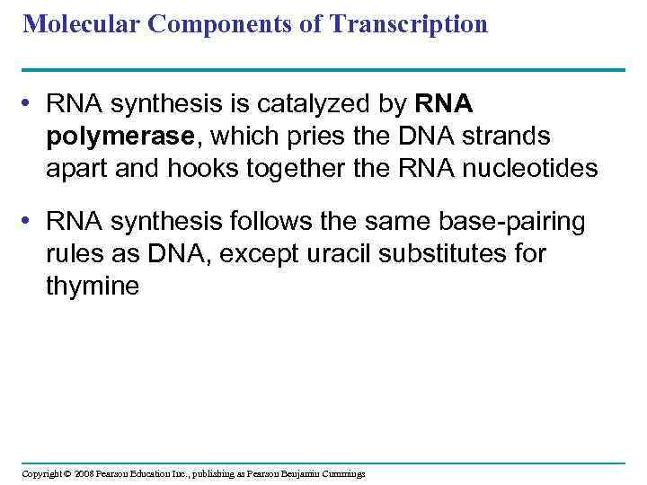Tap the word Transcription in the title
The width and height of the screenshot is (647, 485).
(x=409, y=24)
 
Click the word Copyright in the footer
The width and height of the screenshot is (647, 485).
(x=42, y=473)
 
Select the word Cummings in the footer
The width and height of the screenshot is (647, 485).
(x=341, y=473)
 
